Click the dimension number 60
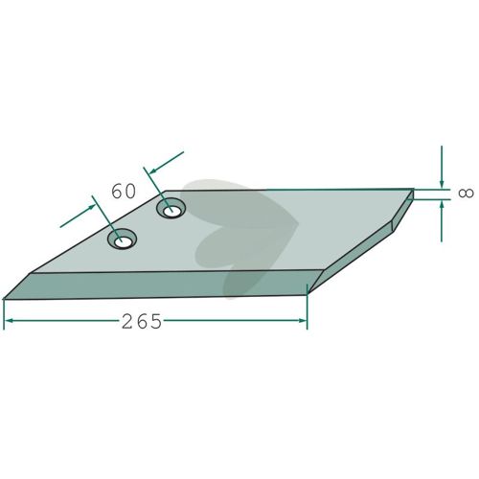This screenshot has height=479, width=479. point(124,192)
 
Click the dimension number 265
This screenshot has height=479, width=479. point(142,322)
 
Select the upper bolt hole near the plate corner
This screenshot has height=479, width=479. point(171,208)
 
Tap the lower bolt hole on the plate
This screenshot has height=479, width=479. point(122,239)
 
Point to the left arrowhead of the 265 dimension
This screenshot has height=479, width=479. point(9,320)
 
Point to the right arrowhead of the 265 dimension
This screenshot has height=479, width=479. point(302,320)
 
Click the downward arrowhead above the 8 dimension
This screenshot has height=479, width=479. point(442,184)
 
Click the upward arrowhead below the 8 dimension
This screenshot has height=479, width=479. point(442,205)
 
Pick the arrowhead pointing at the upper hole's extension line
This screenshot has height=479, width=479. point(153,171)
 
